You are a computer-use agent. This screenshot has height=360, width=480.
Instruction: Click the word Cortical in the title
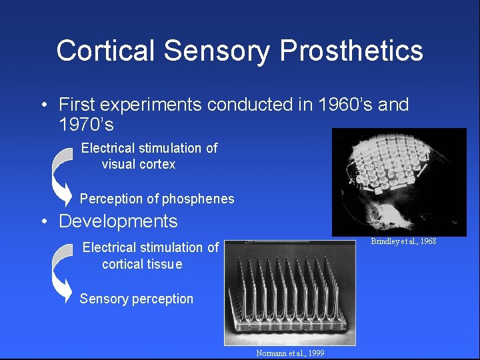coord(107,51)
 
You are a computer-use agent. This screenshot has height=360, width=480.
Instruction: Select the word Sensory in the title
coord(220,51)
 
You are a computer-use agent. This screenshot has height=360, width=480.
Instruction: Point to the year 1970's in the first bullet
coord(86,124)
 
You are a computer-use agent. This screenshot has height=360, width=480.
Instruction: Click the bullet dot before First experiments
coord(43,105)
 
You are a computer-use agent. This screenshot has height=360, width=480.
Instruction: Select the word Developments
coord(118,221)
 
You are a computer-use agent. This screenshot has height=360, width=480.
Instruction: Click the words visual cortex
coord(139,164)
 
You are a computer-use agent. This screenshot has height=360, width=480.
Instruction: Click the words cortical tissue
coord(142,264)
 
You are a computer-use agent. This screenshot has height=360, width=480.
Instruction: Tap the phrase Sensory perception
coord(136,299)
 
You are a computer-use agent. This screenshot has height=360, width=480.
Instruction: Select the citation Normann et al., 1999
coord(290,353)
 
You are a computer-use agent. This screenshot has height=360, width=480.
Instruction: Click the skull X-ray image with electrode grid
coord(399,182)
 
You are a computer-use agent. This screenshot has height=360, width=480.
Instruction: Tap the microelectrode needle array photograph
coord(290,293)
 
